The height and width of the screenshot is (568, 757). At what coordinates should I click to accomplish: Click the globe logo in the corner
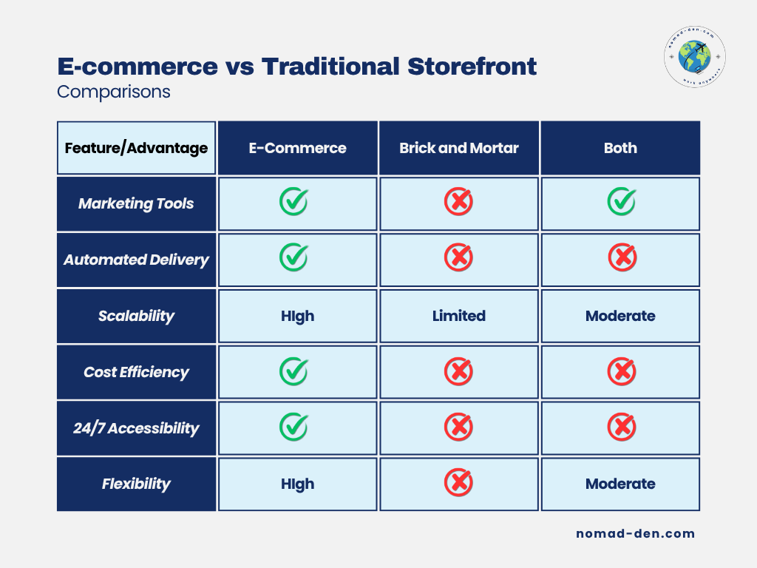coord(695,57)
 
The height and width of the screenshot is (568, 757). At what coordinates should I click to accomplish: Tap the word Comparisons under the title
coord(113,92)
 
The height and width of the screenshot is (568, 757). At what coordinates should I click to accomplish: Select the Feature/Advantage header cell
coord(136,148)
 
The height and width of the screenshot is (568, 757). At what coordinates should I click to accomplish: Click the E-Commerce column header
coord(297,148)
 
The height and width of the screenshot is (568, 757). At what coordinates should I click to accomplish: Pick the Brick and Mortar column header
coord(458,148)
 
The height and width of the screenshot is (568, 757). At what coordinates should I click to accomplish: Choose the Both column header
coord(620,148)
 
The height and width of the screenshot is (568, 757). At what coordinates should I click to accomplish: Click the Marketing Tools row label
coord(136,204)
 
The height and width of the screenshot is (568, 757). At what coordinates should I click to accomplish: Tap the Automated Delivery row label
coord(136,260)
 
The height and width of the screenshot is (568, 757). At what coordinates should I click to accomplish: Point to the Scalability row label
coord(136,316)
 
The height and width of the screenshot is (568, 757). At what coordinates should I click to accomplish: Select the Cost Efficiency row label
coord(136,372)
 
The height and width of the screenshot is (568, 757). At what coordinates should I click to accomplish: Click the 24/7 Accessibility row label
coord(136,428)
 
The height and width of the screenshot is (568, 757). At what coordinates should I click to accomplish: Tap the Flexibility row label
coord(136,484)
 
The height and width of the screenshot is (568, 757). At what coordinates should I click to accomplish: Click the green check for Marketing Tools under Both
coord(622,201)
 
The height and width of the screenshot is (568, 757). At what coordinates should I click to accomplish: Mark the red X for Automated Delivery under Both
coord(622,257)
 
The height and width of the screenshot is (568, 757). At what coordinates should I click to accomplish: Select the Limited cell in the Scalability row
coord(458,316)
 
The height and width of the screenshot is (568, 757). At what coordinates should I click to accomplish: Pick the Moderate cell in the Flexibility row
coord(620,484)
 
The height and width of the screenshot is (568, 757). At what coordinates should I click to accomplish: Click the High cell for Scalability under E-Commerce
coord(297,316)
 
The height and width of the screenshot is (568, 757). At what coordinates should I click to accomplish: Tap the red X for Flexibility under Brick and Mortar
coord(458,482)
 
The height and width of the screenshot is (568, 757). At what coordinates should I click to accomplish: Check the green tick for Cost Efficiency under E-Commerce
coord(294,371)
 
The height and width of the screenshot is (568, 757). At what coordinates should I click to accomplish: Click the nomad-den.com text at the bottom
coord(635,534)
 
